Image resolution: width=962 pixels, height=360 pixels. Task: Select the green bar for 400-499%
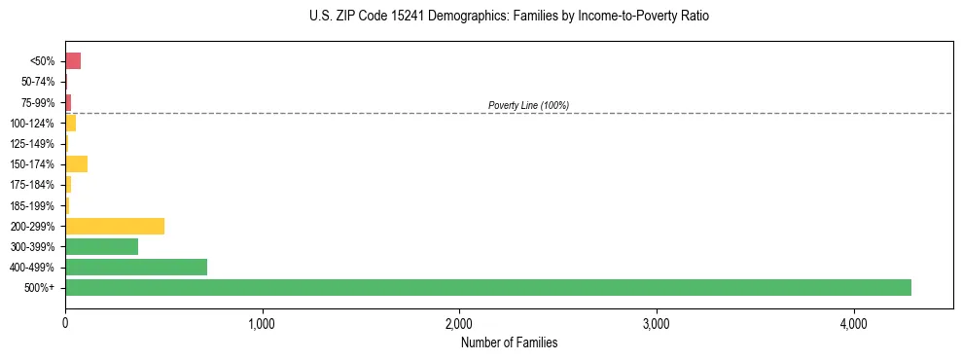pyautogui.click(x=136, y=267)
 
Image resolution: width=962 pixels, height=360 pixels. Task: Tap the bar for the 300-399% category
pyautogui.click(x=101, y=246)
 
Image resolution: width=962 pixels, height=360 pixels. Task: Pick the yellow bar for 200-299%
pyautogui.click(x=115, y=226)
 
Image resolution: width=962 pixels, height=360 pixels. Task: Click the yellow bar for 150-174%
pyautogui.click(x=76, y=163)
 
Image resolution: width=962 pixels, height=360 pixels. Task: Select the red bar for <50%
pyautogui.click(x=73, y=61)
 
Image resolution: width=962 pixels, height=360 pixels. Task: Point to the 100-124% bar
pyautogui.click(x=70, y=123)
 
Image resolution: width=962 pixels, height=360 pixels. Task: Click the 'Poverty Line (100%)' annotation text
pyautogui.click(x=528, y=105)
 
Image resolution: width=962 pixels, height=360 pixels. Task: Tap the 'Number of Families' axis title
pyautogui.click(x=509, y=343)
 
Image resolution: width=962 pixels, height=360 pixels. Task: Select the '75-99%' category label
pyautogui.click(x=39, y=102)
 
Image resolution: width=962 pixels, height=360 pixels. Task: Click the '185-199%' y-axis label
pyautogui.click(x=34, y=205)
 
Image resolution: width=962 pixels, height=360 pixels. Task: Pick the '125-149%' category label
pyautogui.click(x=34, y=144)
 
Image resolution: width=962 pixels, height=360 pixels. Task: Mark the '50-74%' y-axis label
pyautogui.click(x=39, y=82)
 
